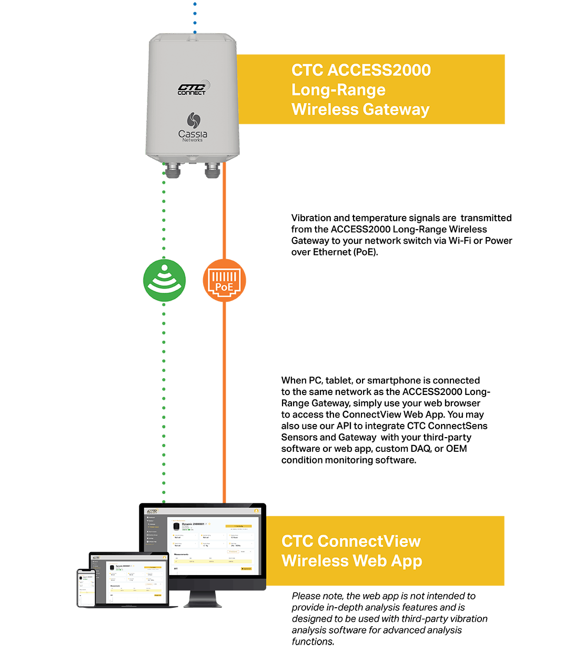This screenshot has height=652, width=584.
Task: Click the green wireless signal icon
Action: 165,280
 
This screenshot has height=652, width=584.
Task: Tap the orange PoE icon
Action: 225,280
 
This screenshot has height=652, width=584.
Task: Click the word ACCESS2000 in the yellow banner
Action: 379,70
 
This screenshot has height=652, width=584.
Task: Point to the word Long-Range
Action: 338,90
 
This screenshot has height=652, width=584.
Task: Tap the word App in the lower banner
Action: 407,561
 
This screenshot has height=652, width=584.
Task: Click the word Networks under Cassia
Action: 193,140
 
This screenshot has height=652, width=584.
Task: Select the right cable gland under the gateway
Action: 212,169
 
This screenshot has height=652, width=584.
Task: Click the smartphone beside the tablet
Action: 86,587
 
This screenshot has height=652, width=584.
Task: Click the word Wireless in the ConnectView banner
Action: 316,561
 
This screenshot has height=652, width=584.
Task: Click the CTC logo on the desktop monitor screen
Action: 153,511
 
